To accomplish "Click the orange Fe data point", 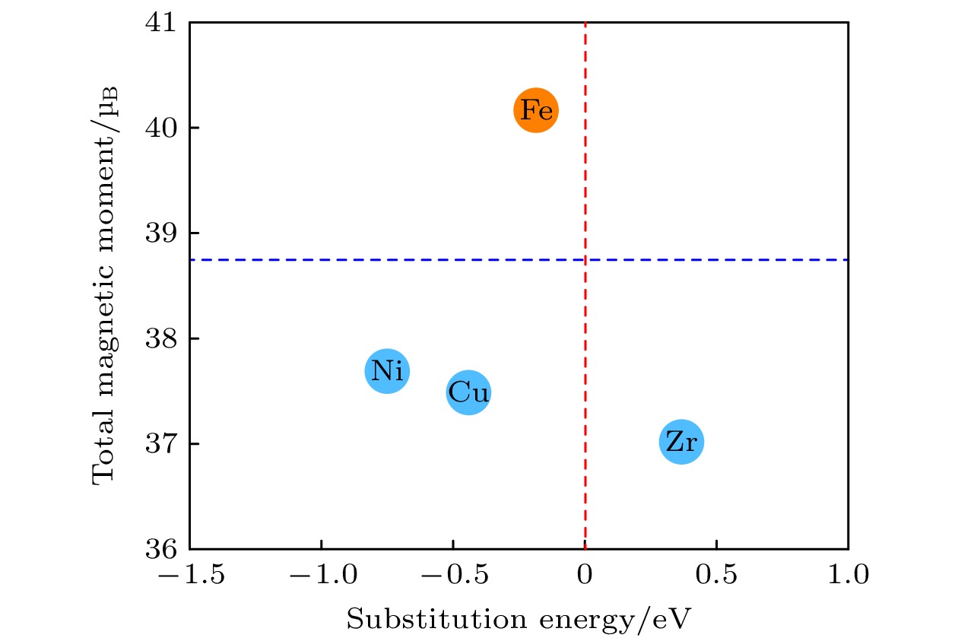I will [536, 111].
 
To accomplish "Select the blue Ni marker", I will [388, 371].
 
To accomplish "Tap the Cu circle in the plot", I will [468, 393].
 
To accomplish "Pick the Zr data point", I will [681, 442].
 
